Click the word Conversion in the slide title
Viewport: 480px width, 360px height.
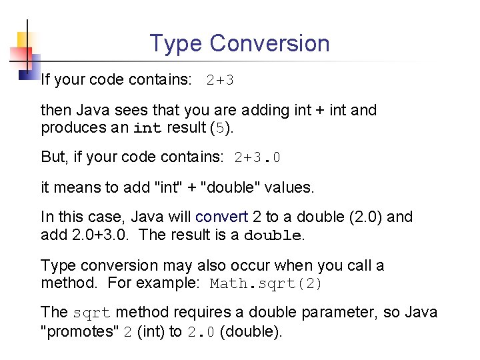click(x=269, y=43)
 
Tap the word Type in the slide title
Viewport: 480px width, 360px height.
click(x=176, y=44)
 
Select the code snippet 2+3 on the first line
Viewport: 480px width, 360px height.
click(x=220, y=81)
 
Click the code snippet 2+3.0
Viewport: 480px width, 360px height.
click(x=257, y=158)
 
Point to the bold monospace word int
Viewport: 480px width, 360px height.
click(x=147, y=128)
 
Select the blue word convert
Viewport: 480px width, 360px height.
click(x=221, y=217)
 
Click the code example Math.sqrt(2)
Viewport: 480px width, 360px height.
click(x=266, y=283)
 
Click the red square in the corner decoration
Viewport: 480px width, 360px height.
click(x=16, y=57)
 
